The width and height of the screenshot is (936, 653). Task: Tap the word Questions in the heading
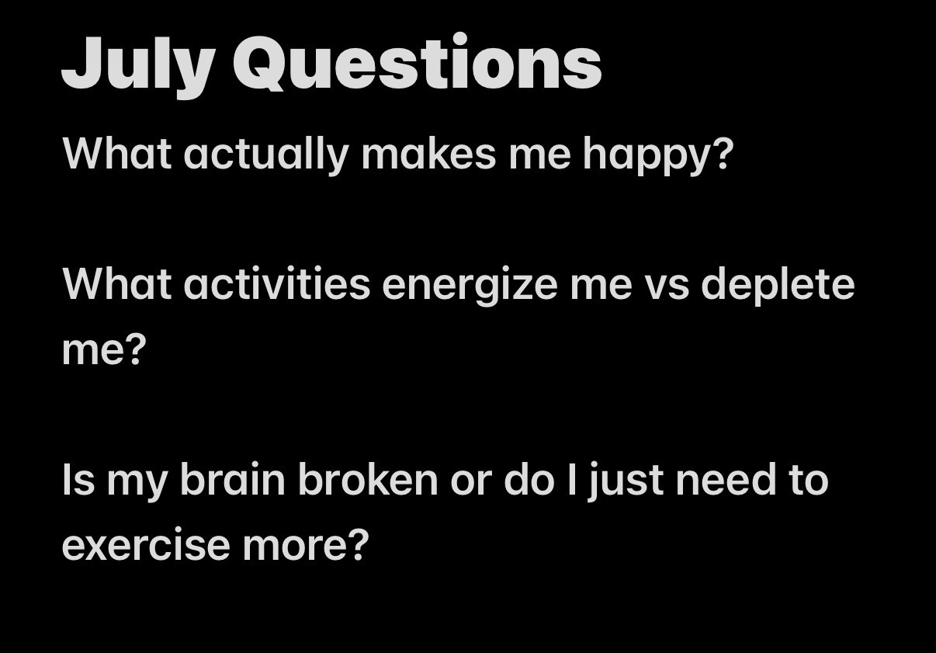pyautogui.click(x=418, y=62)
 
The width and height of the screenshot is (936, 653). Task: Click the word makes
pyautogui.click(x=428, y=153)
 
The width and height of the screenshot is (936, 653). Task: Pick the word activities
pyautogui.click(x=276, y=283)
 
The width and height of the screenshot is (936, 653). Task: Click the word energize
pyautogui.click(x=470, y=286)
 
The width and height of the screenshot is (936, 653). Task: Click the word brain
pyautogui.click(x=233, y=479)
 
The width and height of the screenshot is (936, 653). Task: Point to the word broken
pyautogui.click(x=368, y=479)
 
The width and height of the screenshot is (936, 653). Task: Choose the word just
pyautogui.click(x=626, y=481)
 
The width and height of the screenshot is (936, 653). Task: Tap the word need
pyautogui.click(x=726, y=479)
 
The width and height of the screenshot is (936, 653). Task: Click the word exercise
pyautogui.click(x=146, y=544)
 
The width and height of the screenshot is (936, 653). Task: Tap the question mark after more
pyautogui.click(x=359, y=544)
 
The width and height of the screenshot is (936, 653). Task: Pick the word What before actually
pyautogui.click(x=116, y=153)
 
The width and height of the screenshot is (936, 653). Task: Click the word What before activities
pyautogui.click(x=116, y=283)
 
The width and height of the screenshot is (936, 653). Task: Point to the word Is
pyautogui.click(x=78, y=479)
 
